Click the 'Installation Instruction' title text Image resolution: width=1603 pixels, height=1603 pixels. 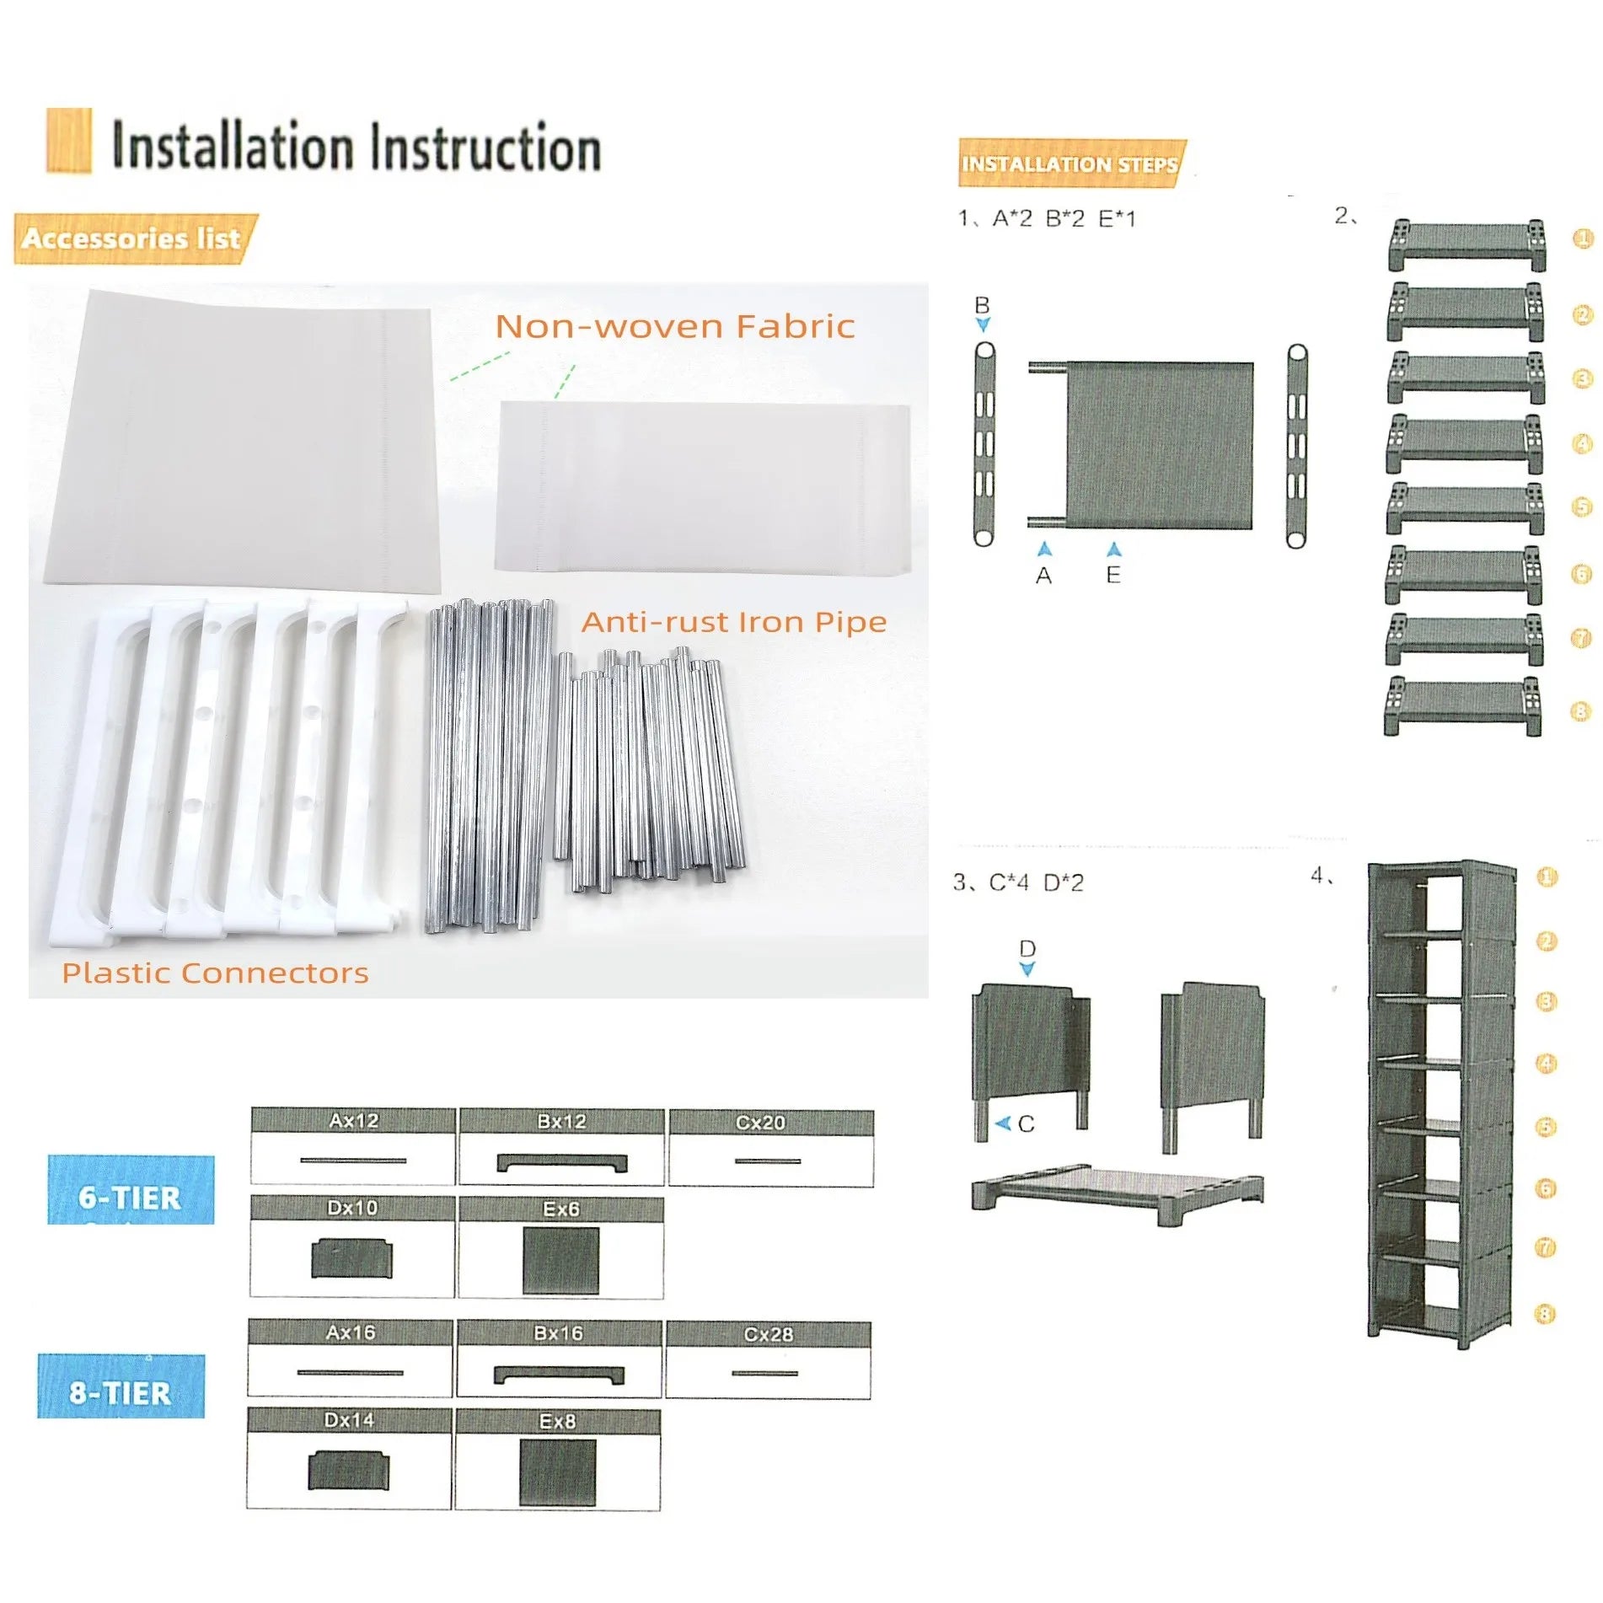pyautogui.click(x=356, y=147)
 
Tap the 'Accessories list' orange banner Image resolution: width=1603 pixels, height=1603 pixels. pyautogui.click(x=132, y=239)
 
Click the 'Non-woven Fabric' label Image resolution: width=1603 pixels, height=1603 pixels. pyautogui.click(x=674, y=327)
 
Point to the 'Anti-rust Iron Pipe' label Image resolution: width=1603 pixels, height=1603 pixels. pyautogui.click(x=733, y=622)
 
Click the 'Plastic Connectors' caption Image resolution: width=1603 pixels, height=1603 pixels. pyautogui.click(x=215, y=973)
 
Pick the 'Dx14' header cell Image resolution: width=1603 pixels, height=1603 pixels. pyautogui.click(x=349, y=1420)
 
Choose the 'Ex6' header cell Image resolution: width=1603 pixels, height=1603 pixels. pyautogui.click(x=560, y=1209)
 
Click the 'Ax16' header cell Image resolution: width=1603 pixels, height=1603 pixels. pyautogui.click(x=351, y=1332)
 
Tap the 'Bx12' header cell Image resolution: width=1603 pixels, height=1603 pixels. pyautogui.click(x=561, y=1121)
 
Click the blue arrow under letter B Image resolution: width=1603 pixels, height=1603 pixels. pyautogui.click(x=983, y=324)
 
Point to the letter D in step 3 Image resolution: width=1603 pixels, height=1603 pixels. pyautogui.click(x=1027, y=948)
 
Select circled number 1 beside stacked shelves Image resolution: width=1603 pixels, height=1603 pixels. pyautogui.click(x=1583, y=239)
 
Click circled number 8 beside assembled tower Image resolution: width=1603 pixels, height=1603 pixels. pyautogui.click(x=1545, y=1314)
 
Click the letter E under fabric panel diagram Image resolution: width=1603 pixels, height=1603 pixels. pyautogui.click(x=1113, y=575)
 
